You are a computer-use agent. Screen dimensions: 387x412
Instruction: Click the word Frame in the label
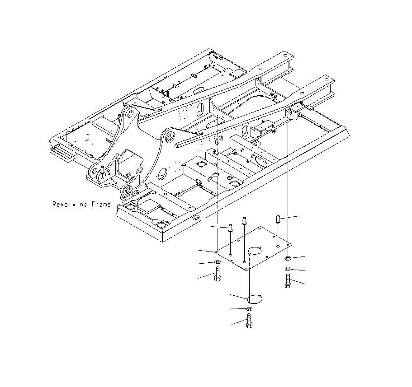(101, 205)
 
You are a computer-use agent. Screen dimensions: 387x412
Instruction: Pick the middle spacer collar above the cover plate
(245, 221)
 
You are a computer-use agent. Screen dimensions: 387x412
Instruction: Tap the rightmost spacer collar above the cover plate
(278, 220)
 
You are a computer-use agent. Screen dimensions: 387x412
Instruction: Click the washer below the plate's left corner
(218, 262)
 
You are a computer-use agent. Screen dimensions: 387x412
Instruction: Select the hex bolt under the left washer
(218, 274)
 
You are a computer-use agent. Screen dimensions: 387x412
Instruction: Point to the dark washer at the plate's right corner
(288, 258)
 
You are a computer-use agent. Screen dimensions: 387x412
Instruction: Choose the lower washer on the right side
(288, 270)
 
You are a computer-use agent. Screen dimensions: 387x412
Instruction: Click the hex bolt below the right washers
(288, 282)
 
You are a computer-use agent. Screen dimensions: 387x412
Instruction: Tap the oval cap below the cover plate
(255, 298)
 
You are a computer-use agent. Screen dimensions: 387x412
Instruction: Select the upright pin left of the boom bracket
(103, 171)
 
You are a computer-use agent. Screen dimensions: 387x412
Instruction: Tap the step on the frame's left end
(62, 154)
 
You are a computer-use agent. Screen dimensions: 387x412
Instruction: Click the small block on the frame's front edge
(195, 218)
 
